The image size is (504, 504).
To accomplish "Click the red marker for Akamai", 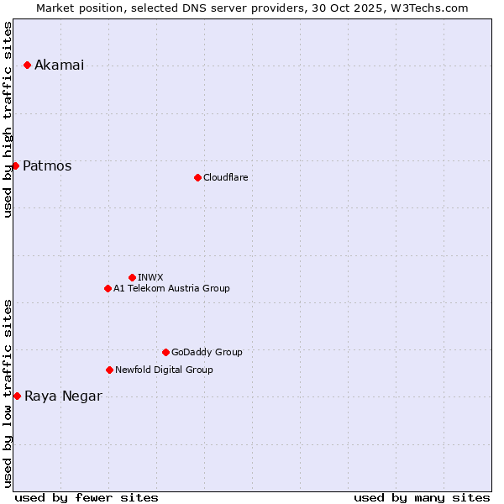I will (x=27, y=65).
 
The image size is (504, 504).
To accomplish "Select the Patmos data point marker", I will (x=15, y=165).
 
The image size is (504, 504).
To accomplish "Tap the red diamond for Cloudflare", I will (x=197, y=177).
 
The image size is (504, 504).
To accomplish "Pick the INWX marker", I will (x=132, y=277).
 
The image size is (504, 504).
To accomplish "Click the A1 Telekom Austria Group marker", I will (x=108, y=288).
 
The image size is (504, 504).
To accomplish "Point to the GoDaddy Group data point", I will (x=165, y=352).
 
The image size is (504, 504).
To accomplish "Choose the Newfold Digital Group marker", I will (x=109, y=370).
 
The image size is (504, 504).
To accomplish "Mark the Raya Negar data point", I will (x=17, y=396).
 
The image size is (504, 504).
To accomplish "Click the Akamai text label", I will (x=59, y=66).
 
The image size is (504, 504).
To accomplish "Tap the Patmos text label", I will (x=47, y=166).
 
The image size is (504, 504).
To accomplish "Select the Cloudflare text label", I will (x=225, y=177).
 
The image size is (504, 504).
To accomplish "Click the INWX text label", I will (x=151, y=277).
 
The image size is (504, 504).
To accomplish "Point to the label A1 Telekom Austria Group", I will (x=171, y=288).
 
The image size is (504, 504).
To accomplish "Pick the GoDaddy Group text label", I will (x=207, y=352).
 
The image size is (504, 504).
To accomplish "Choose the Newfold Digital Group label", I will (x=164, y=370).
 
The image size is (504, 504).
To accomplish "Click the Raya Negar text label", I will (x=63, y=396).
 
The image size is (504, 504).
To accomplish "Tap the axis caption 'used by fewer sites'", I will (x=87, y=497).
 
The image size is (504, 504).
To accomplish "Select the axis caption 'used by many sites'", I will (x=422, y=497).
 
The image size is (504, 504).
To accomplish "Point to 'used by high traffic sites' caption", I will (x=8, y=119).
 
